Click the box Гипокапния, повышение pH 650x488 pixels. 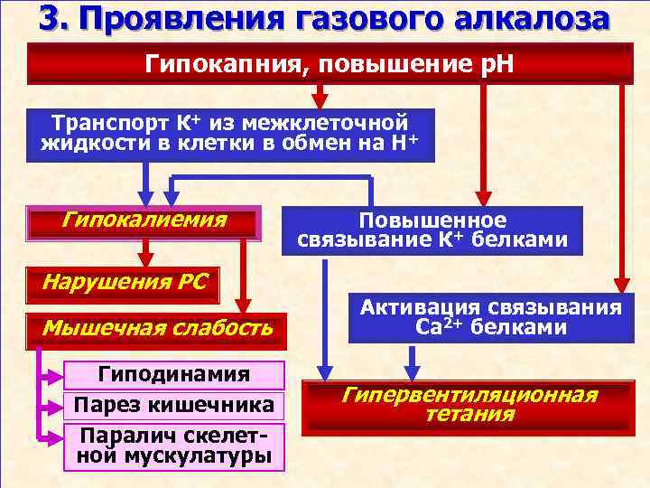[330, 64]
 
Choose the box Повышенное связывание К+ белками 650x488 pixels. [432, 230]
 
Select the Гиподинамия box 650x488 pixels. [174, 374]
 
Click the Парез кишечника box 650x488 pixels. [174, 403]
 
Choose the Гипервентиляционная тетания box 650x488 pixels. [469, 406]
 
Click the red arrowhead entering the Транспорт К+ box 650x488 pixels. [319, 100]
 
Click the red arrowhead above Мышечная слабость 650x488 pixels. [243, 305]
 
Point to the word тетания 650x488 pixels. [469, 416]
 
